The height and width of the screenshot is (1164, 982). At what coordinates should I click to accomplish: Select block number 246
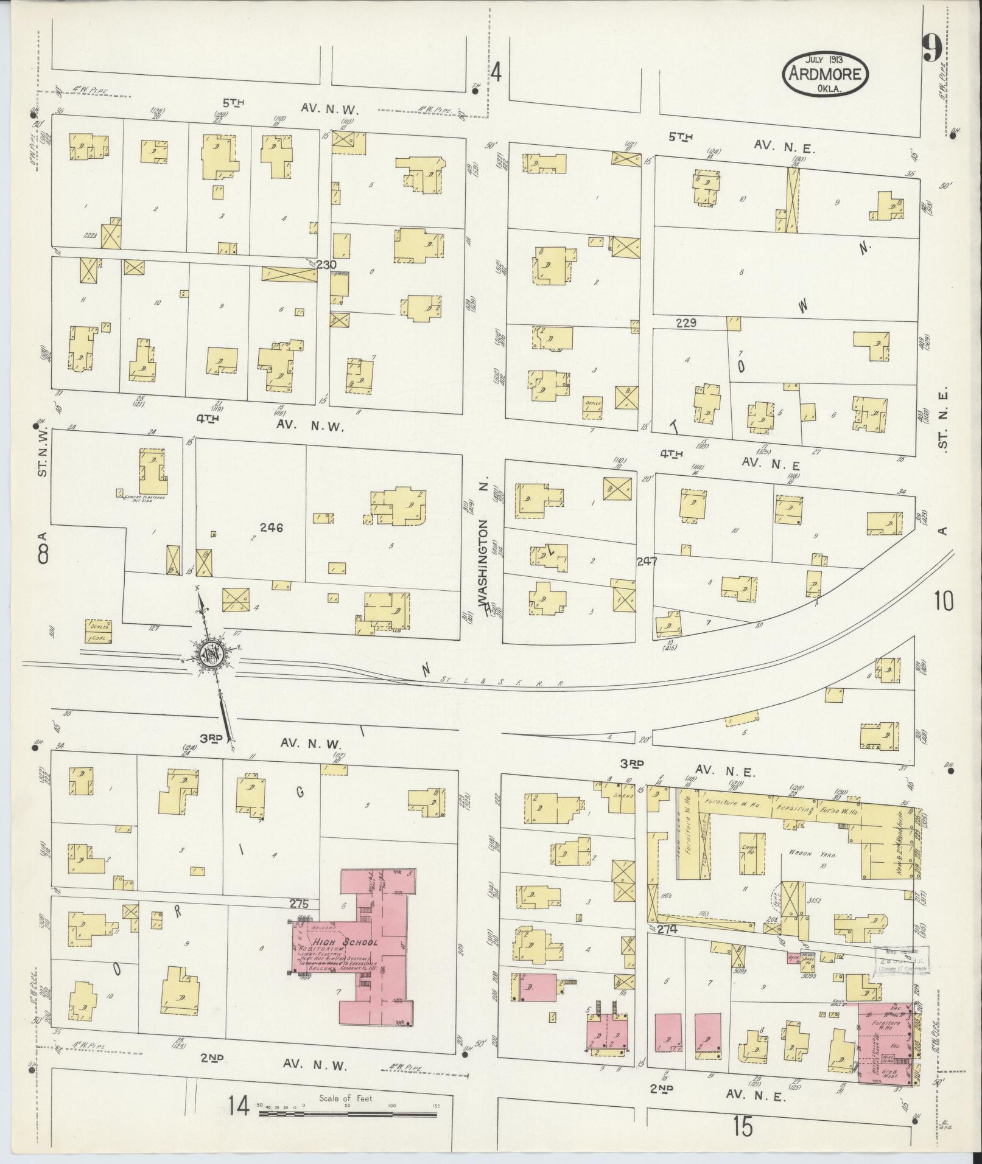[x=271, y=528]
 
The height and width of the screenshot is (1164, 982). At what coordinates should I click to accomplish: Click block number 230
[x=326, y=265]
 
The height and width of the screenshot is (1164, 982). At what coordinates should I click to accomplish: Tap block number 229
[x=686, y=323]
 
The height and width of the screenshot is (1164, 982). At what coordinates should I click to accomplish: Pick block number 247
[x=647, y=562]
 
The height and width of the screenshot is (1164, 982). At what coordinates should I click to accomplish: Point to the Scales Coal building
[x=98, y=631]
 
